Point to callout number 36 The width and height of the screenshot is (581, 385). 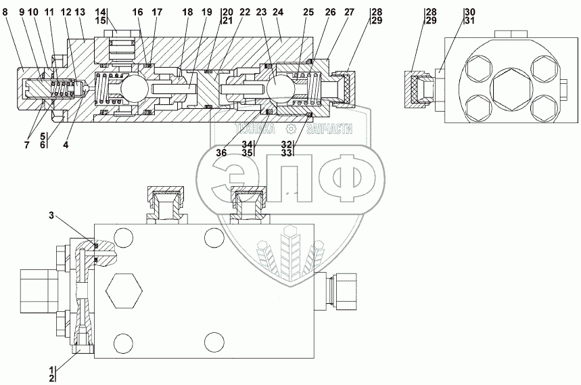[x=222, y=152]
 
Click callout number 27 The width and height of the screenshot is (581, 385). [x=349, y=12]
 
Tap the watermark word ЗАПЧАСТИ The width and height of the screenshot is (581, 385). [x=329, y=129]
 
